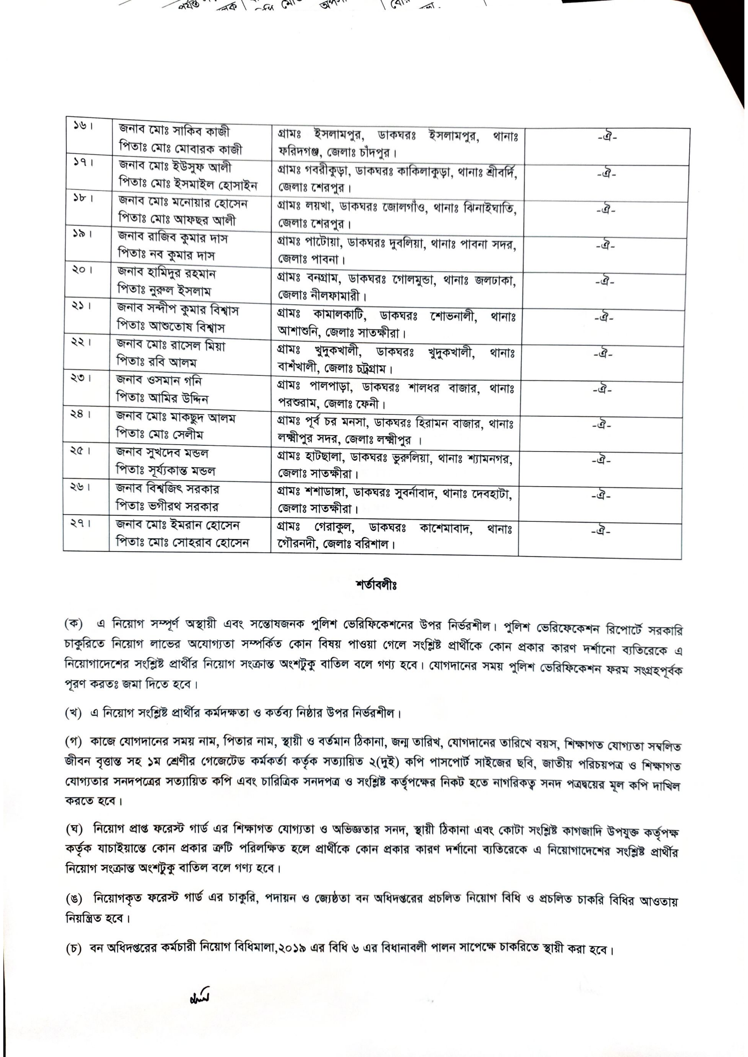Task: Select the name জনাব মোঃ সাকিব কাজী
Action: tap(174, 131)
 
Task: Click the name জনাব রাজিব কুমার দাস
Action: tap(173, 238)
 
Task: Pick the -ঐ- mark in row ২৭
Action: tap(601, 532)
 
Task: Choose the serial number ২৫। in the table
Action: tap(80, 452)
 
